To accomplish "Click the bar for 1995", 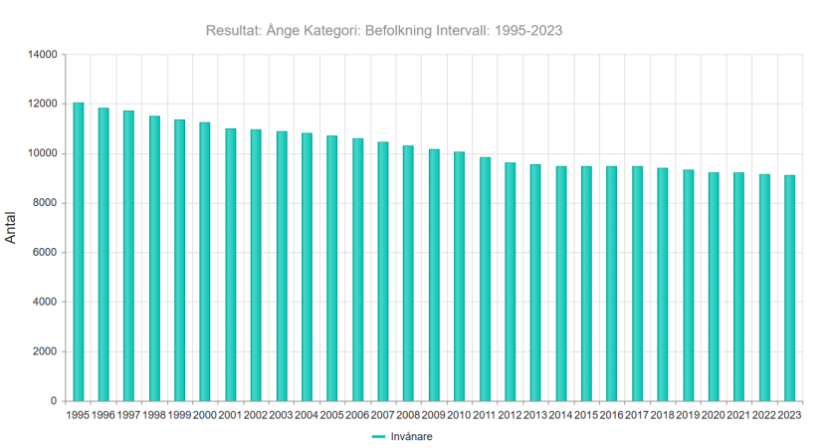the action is [x=78, y=252].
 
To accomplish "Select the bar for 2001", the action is [x=231, y=265].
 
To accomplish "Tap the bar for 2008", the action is [x=408, y=273].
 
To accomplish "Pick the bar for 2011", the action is [x=485, y=280].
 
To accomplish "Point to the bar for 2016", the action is [x=612, y=284].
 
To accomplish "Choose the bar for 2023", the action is [x=789, y=289].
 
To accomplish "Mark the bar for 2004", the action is [x=307, y=267].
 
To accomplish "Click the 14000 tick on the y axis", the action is [x=43, y=55].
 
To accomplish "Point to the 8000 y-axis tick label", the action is [x=46, y=203].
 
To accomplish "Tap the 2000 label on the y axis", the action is [x=46, y=351].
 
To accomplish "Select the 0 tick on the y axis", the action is [x=54, y=401].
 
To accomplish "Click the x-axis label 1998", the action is [x=154, y=415].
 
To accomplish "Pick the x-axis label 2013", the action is [x=535, y=415].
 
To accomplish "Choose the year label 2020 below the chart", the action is [x=714, y=415].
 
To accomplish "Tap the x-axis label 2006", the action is [x=357, y=415].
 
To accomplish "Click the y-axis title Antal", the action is [x=11, y=228].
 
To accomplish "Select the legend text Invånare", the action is [x=411, y=436].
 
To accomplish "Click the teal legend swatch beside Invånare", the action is [x=379, y=436].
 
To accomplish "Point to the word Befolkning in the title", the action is [x=399, y=31].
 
